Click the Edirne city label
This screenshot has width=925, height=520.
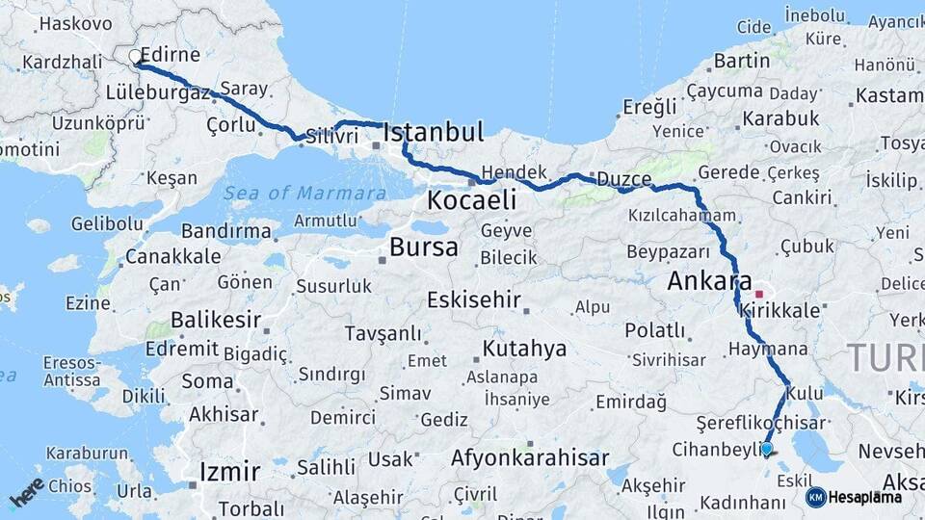171,55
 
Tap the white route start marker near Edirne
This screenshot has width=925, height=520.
136,57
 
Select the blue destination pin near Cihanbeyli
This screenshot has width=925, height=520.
766,448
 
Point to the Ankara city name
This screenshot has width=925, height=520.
709,282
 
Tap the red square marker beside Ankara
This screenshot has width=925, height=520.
759,294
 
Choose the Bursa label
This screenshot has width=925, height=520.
423,247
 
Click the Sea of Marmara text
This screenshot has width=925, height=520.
304,194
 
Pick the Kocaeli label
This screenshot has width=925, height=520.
471,200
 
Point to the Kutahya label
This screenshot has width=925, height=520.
524,348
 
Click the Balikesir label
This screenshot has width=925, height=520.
217,319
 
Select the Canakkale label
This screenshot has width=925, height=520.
173,257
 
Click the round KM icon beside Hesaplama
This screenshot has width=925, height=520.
815,497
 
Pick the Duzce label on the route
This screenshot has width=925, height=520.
623,179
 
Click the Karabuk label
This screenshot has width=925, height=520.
780,118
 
